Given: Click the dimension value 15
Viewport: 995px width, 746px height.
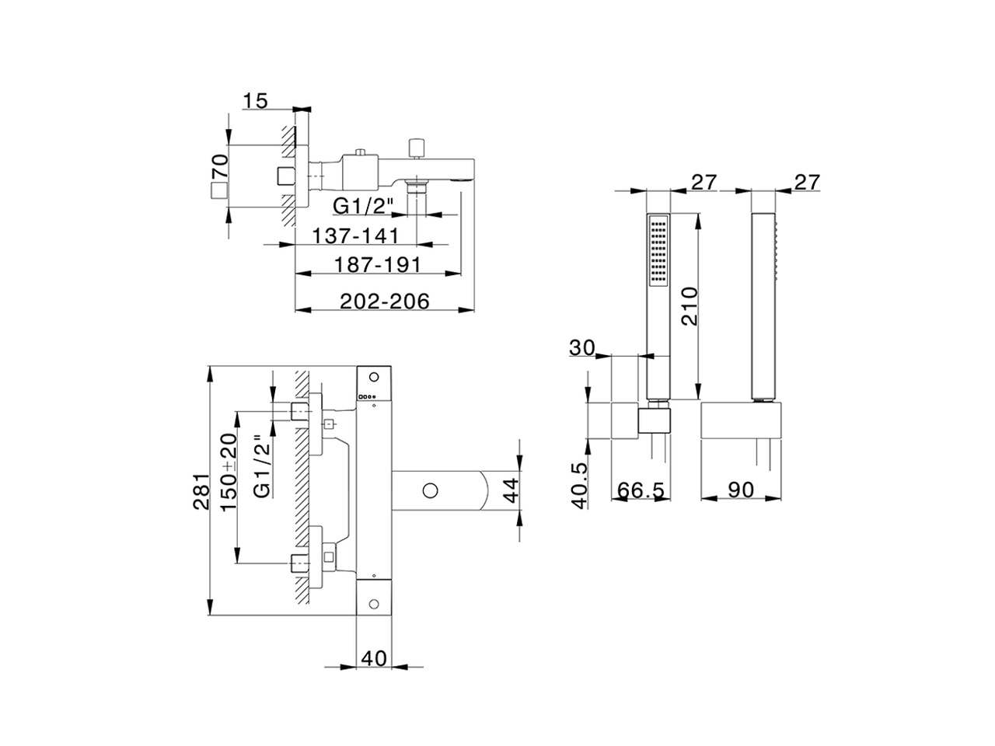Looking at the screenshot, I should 255,100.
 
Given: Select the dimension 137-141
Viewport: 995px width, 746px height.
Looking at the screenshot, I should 355,235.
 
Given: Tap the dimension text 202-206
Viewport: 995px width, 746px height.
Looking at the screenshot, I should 386,302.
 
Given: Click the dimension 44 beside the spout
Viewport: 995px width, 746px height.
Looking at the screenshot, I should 509,490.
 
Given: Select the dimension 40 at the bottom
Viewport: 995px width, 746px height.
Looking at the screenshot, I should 374,657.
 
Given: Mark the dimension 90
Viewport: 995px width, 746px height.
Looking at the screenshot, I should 742,490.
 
